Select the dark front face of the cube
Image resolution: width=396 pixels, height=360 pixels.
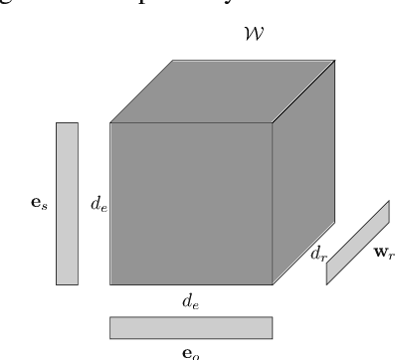pyautogui.click(x=190, y=203)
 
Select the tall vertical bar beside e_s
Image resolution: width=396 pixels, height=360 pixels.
pyautogui.click(x=67, y=203)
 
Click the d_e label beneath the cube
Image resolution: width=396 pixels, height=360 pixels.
pyautogui.click(x=190, y=298)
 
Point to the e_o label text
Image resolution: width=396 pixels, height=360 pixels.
pyautogui.click(x=190, y=350)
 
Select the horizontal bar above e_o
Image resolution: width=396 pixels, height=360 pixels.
pyautogui.click(x=190, y=327)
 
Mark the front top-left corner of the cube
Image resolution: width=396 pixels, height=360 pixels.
pyautogui.click(x=109, y=122)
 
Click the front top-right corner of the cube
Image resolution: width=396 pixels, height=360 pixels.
pyautogui.click(x=272, y=122)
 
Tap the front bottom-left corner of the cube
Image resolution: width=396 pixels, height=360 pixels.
pyautogui.click(x=109, y=284)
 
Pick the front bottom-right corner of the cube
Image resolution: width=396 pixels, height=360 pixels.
pyautogui.click(x=272, y=284)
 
